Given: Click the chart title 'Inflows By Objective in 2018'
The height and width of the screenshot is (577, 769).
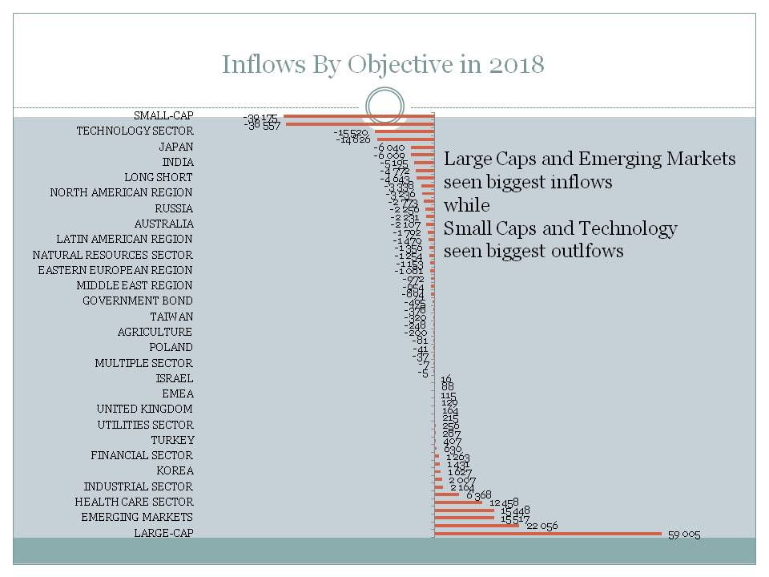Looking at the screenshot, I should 383,64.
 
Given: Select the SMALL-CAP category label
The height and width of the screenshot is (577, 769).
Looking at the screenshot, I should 163,115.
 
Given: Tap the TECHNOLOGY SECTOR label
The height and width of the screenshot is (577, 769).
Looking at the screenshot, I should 135,131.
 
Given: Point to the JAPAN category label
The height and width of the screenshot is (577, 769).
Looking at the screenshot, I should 175,147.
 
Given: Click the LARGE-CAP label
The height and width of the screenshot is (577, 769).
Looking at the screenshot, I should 163,533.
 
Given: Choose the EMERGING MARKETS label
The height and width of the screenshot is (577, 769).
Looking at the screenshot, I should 136,517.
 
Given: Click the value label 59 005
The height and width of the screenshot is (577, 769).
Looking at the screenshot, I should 684,535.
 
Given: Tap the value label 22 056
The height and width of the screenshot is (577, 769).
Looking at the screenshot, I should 542,526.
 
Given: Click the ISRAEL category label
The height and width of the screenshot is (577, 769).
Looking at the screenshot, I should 175,378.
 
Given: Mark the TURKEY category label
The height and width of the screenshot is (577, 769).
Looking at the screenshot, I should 171,440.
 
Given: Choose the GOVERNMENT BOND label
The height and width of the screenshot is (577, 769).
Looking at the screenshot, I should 138,301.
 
